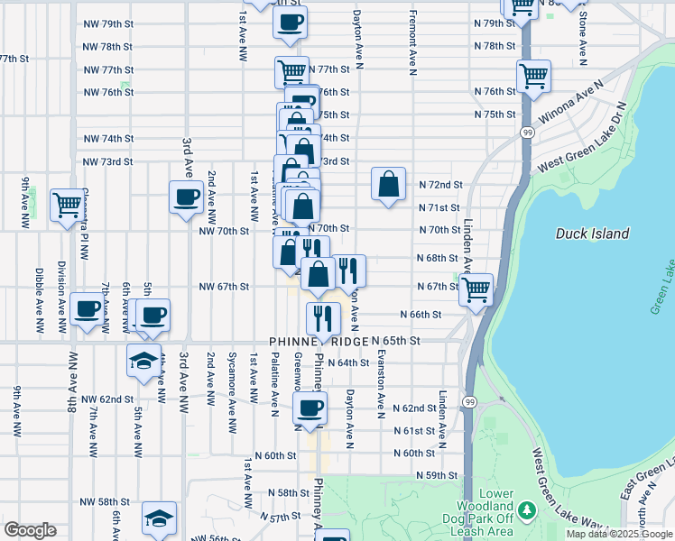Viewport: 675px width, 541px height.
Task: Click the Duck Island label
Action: click(x=592, y=234)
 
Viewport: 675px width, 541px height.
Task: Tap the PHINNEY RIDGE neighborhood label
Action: click(x=319, y=342)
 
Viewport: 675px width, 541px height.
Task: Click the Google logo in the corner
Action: click(x=30, y=530)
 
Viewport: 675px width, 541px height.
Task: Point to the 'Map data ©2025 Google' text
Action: click(x=619, y=534)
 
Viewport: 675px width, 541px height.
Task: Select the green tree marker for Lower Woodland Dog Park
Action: click(x=526, y=510)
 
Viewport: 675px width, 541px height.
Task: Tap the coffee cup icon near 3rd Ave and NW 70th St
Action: click(x=187, y=197)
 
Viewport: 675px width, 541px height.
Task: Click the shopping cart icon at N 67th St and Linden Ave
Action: click(x=476, y=289)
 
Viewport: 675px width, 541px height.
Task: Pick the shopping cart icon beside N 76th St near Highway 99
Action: click(x=533, y=75)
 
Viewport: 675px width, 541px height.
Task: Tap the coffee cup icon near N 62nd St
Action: click(x=310, y=407)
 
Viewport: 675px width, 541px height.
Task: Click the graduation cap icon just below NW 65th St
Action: click(x=143, y=360)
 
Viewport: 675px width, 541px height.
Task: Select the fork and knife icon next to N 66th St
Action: click(x=322, y=317)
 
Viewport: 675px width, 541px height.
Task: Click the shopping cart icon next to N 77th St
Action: click(x=291, y=71)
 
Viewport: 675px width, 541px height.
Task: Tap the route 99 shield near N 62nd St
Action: click(x=469, y=399)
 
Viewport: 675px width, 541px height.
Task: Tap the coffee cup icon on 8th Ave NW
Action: click(x=88, y=309)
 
